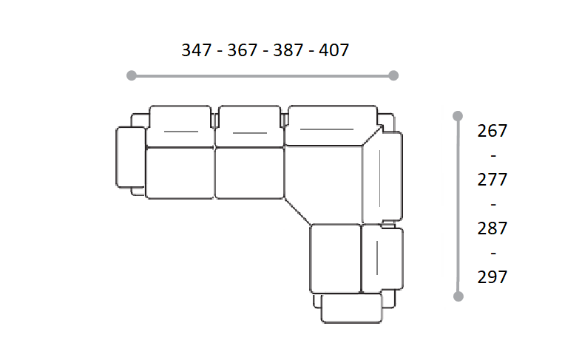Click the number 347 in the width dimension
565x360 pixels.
pyautogui.click(x=197, y=50)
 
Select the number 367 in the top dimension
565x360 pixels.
pyautogui.click(x=242, y=50)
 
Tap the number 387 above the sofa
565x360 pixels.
pyautogui.click(x=288, y=50)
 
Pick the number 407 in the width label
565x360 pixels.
pyautogui.click(x=334, y=50)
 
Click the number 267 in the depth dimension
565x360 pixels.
pyautogui.click(x=493, y=131)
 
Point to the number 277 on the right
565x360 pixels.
pyautogui.click(x=493, y=180)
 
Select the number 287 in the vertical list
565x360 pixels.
pyautogui.click(x=493, y=228)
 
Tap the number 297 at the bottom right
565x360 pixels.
pyautogui.click(x=493, y=277)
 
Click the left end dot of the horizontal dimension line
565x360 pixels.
pyautogui.click(x=132, y=75)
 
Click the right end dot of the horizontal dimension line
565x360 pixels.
pyautogui.click(x=394, y=75)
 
